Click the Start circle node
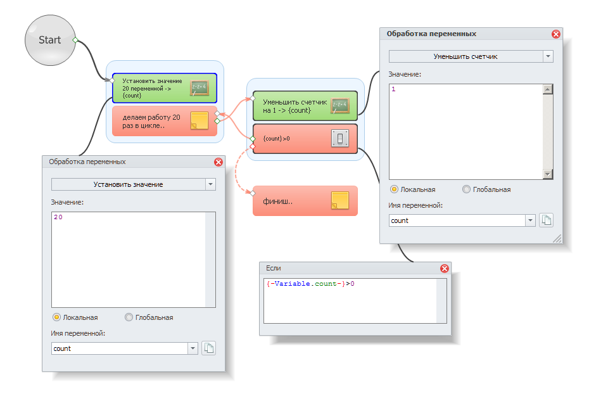coord(50,41)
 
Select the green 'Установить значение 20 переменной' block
coord(165,88)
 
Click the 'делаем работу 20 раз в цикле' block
coord(165,121)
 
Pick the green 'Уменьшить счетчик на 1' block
coord(305,106)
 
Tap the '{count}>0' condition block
coord(305,139)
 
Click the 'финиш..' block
coord(305,201)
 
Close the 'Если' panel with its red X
coord(445,269)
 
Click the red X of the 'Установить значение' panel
coord(218,162)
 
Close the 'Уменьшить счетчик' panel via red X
coord(555,34)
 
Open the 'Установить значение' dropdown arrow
coord(210,184)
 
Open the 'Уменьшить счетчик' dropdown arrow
coord(548,56)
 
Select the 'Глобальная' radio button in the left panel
coord(129,317)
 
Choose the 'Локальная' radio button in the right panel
coord(394,189)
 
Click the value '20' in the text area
coord(58,217)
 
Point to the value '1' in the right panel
coord(393,89)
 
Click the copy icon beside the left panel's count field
coord(208,348)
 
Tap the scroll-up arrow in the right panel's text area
coord(547,89)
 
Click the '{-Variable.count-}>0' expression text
coord(310,284)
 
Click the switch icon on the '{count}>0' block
coord(340,139)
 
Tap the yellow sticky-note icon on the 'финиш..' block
coord(340,200)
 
